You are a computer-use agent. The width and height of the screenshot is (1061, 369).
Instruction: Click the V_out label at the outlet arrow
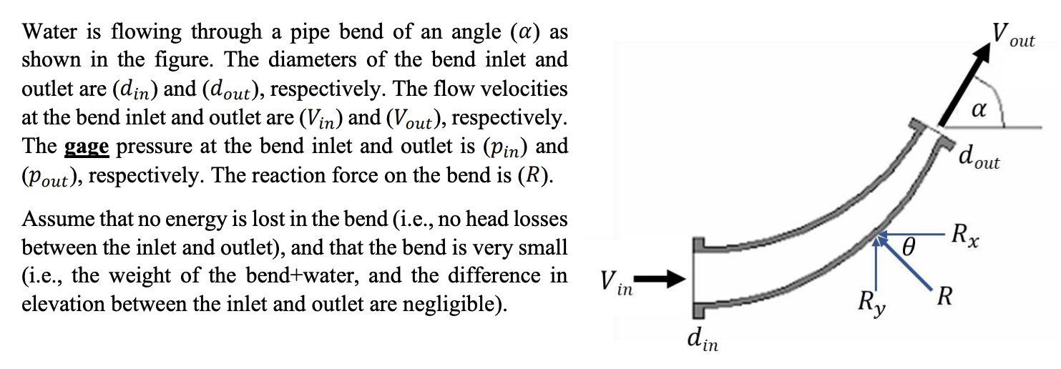point(1012,34)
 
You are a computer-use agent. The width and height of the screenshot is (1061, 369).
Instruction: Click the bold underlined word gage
point(87,147)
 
